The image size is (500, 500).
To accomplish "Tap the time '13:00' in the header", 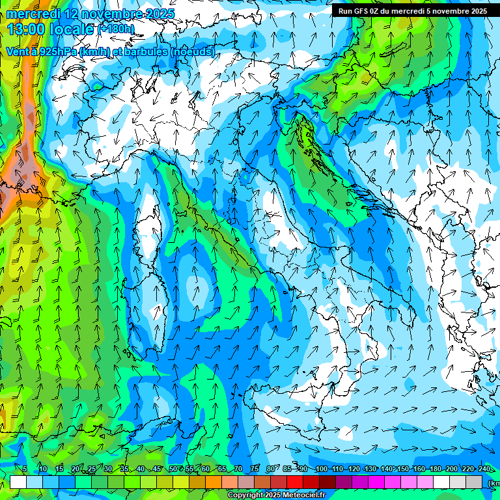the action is pyautogui.click(x=27, y=29).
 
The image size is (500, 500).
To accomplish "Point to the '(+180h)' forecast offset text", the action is pyautogui.click(x=115, y=29).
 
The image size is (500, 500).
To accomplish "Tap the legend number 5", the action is pyautogui.click(x=25, y=469).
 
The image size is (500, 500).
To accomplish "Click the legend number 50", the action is pyautogui.click(x=173, y=469).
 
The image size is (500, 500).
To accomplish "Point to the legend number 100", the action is pyautogui.click(x=321, y=469).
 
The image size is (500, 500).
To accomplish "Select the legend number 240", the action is pyautogui.click(x=484, y=469).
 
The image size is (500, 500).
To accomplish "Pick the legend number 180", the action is pyautogui.click(x=435, y=469).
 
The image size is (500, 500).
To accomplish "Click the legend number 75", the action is pyautogui.click(x=255, y=469).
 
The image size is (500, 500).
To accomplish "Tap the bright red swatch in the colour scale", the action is pyautogui.click(x=295, y=482).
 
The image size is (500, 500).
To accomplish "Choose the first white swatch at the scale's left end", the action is pyautogui.click(x=18, y=482).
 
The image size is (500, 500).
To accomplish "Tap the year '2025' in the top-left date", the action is pyautogui.click(x=156, y=14).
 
